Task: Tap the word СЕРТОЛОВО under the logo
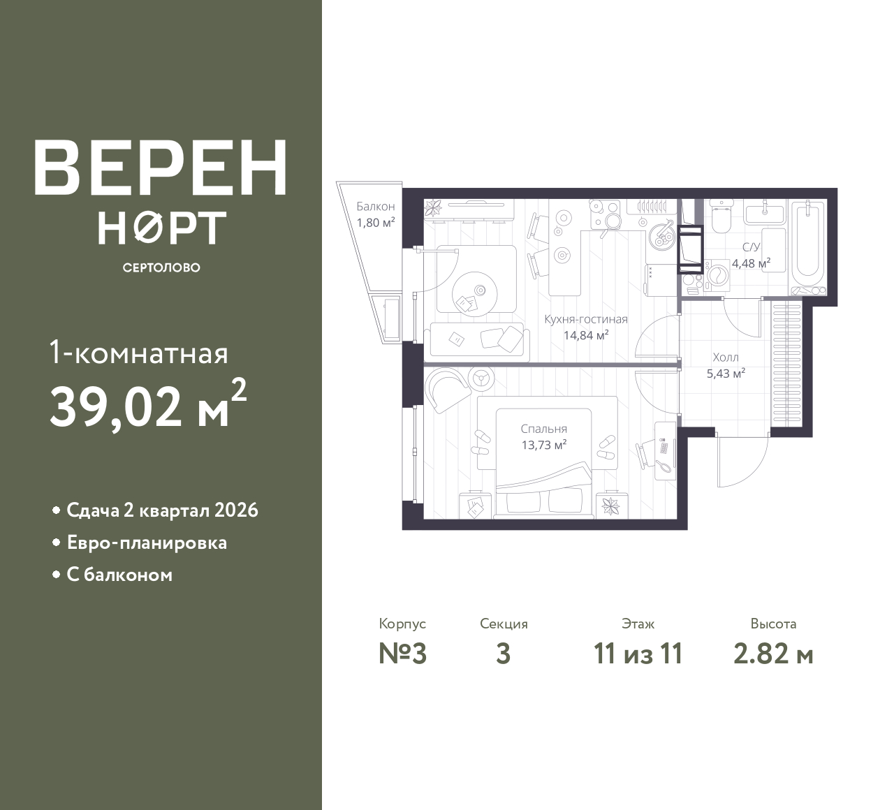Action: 161,267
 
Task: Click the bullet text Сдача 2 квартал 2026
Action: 162,510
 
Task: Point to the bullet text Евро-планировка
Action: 147,543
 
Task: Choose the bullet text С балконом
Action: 119,575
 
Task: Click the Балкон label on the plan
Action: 375,207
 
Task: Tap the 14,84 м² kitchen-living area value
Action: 586,334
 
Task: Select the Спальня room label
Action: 543,429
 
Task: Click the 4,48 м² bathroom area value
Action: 751,263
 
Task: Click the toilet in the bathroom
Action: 719,217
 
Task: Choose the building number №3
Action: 402,654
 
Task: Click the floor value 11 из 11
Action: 638,654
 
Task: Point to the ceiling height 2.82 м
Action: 773,654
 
